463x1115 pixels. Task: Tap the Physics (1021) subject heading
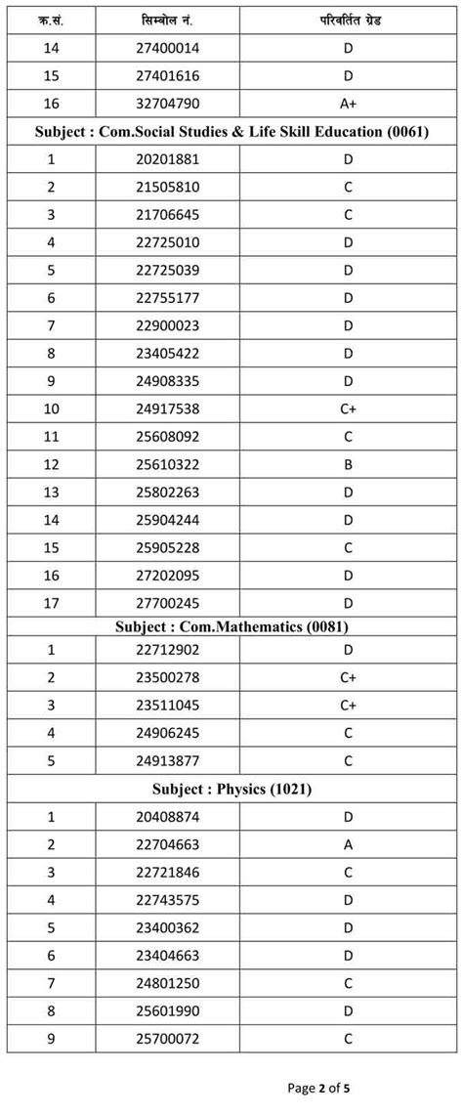231,788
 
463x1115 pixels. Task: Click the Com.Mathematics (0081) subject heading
231,625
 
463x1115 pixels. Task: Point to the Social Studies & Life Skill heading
231,131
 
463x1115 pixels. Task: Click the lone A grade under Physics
348,845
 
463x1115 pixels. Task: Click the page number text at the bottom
325,1087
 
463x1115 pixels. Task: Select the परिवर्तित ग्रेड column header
348,19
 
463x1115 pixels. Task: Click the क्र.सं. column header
50,19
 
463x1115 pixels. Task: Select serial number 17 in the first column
50,602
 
